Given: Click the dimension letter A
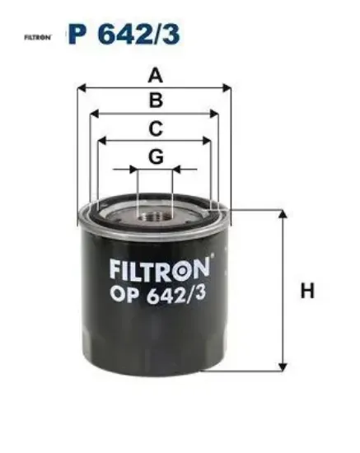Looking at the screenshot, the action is point(156,76).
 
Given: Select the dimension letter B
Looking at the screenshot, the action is point(156,100).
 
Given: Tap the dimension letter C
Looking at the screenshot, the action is point(156,128).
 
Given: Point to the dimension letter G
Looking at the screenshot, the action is point(156,156).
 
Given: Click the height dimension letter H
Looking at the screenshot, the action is point(307,291).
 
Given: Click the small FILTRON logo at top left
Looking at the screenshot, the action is point(38,37).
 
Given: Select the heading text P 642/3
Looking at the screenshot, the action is point(124,34).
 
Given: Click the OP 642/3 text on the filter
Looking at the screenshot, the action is point(158,295).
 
